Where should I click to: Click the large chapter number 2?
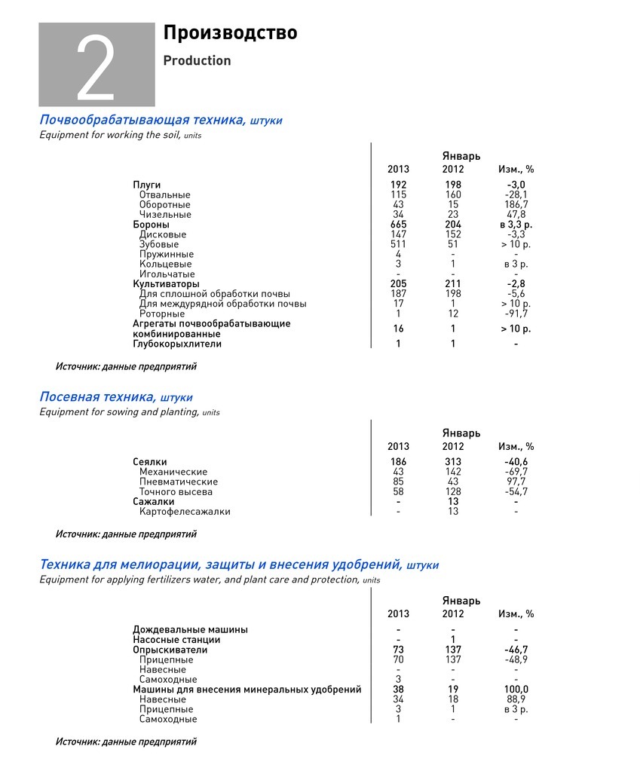96,69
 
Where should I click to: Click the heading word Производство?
230,33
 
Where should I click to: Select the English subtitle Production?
197,61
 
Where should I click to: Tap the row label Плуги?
147,185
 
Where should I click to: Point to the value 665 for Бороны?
398,225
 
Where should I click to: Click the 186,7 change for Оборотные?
516,205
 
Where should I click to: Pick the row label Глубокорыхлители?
177,344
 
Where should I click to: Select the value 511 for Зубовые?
398,244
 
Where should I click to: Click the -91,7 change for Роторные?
516,314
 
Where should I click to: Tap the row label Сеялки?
150,462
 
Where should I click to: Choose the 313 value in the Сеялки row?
452,462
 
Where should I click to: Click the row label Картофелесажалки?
185,512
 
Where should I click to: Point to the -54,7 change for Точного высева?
516,492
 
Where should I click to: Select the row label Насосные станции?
176,640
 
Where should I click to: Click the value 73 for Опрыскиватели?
398,650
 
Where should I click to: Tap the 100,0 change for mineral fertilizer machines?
516,690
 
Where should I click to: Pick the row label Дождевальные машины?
190,630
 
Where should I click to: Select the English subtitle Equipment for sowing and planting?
120,412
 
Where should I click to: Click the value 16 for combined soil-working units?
398,329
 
